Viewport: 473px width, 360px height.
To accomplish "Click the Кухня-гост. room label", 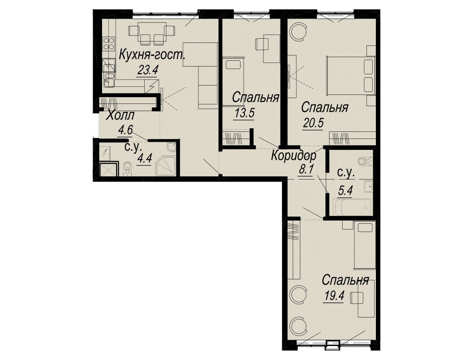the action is coord(152,55).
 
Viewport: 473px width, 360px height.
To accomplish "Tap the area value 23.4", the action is coord(148,70).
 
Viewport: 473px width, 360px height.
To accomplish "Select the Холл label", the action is coord(120,116).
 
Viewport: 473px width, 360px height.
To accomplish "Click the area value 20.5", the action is coord(312,123).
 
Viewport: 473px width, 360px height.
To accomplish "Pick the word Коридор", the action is coord(294,156).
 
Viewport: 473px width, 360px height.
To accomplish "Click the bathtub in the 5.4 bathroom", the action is coord(353,207).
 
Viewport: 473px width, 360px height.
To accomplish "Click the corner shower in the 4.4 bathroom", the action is coord(165,166).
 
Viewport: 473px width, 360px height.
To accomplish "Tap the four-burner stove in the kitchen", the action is coord(108,43).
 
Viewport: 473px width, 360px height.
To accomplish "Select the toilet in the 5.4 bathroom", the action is coord(365,161).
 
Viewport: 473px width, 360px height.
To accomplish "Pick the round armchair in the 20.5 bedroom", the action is coord(299,32).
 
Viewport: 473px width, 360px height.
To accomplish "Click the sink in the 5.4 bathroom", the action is coord(368,186).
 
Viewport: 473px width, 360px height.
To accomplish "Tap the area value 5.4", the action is coord(345,190).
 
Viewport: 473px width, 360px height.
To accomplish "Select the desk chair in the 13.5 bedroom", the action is coord(261,44).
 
